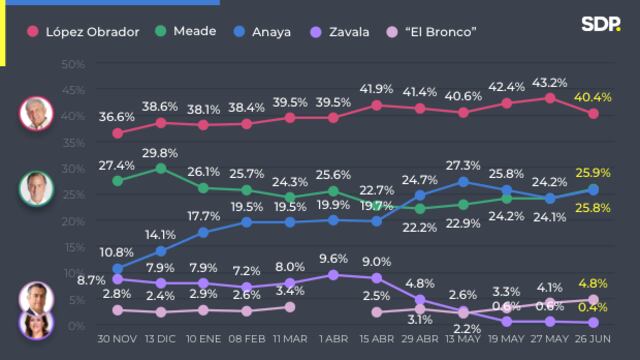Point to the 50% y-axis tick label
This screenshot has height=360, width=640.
coord(71,64)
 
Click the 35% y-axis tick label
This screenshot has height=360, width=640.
coord(71,142)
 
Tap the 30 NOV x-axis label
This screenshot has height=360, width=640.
coord(118,341)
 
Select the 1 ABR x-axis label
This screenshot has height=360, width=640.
coord(333,341)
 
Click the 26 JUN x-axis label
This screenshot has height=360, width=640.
coord(592,341)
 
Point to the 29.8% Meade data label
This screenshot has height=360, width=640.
coord(161,152)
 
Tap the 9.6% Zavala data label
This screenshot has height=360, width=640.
coord(333,257)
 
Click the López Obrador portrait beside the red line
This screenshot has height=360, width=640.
coord(36,114)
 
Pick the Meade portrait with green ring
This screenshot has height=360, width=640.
coord(36,187)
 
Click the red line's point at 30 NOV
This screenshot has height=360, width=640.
coord(118,133)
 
